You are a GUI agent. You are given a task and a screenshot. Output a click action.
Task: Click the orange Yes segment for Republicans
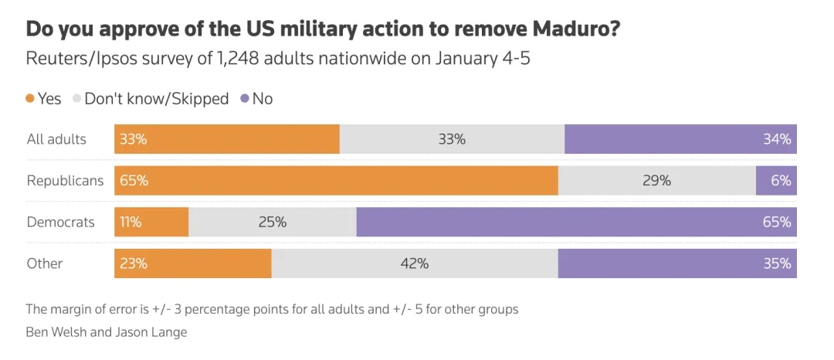pos(336,181)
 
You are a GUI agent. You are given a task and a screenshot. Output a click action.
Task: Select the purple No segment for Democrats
pos(576,222)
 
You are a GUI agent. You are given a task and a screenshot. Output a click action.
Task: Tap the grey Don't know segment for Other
pos(415,263)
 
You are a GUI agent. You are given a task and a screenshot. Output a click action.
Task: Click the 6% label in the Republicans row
pos(781,181)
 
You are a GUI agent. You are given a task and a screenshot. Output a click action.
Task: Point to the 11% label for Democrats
pos(131,222)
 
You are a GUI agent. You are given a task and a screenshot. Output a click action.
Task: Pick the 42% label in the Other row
pos(415,263)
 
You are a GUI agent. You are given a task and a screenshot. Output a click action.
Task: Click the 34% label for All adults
pos(777,140)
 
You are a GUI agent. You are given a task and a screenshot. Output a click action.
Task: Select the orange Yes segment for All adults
pos(227,140)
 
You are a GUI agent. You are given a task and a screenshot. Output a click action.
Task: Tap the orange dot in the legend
pos(30,99)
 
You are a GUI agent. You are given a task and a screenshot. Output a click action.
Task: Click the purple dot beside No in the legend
pos(245,99)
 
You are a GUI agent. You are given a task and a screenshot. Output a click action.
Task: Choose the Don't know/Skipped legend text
pos(157,99)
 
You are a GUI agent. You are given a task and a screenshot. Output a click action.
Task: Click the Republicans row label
pos(65,181)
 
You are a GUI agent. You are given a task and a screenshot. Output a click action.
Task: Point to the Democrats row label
pos(61,222)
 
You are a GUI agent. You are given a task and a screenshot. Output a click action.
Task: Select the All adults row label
pos(56,140)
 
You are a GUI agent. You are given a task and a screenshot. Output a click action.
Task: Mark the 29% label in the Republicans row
pos(656,181)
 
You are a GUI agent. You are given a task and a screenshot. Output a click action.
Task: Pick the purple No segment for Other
pos(677,263)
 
